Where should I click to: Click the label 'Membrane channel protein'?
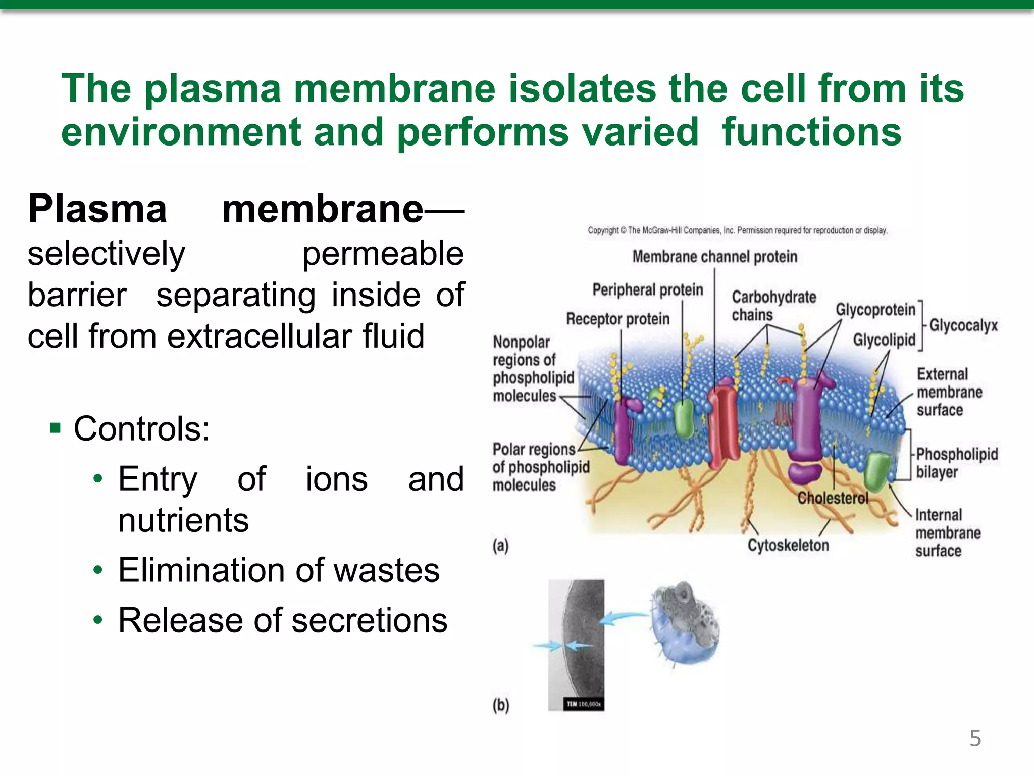tap(714, 257)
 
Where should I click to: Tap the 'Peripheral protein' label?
tap(647, 290)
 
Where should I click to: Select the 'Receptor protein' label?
tap(617, 319)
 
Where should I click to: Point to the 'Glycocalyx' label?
tap(963, 325)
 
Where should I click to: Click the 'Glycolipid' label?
tap(884, 340)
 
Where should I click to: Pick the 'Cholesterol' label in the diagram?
tap(833, 499)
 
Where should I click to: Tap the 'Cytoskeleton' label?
tap(788, 545)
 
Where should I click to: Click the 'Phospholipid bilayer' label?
tap(956, 463)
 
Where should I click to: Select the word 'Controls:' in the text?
tap(141, 429)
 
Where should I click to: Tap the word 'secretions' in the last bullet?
tap(369, 620)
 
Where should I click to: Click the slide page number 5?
tap(975, 738)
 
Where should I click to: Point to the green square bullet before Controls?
tap(56, 429)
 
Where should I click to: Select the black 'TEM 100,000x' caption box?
tap(583, 704)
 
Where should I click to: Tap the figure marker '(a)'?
tap(500, 546)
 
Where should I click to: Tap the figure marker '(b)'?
tap(501, 705)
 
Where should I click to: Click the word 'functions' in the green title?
tap(811, 132)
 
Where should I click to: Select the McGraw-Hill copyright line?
tap(737, 230)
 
